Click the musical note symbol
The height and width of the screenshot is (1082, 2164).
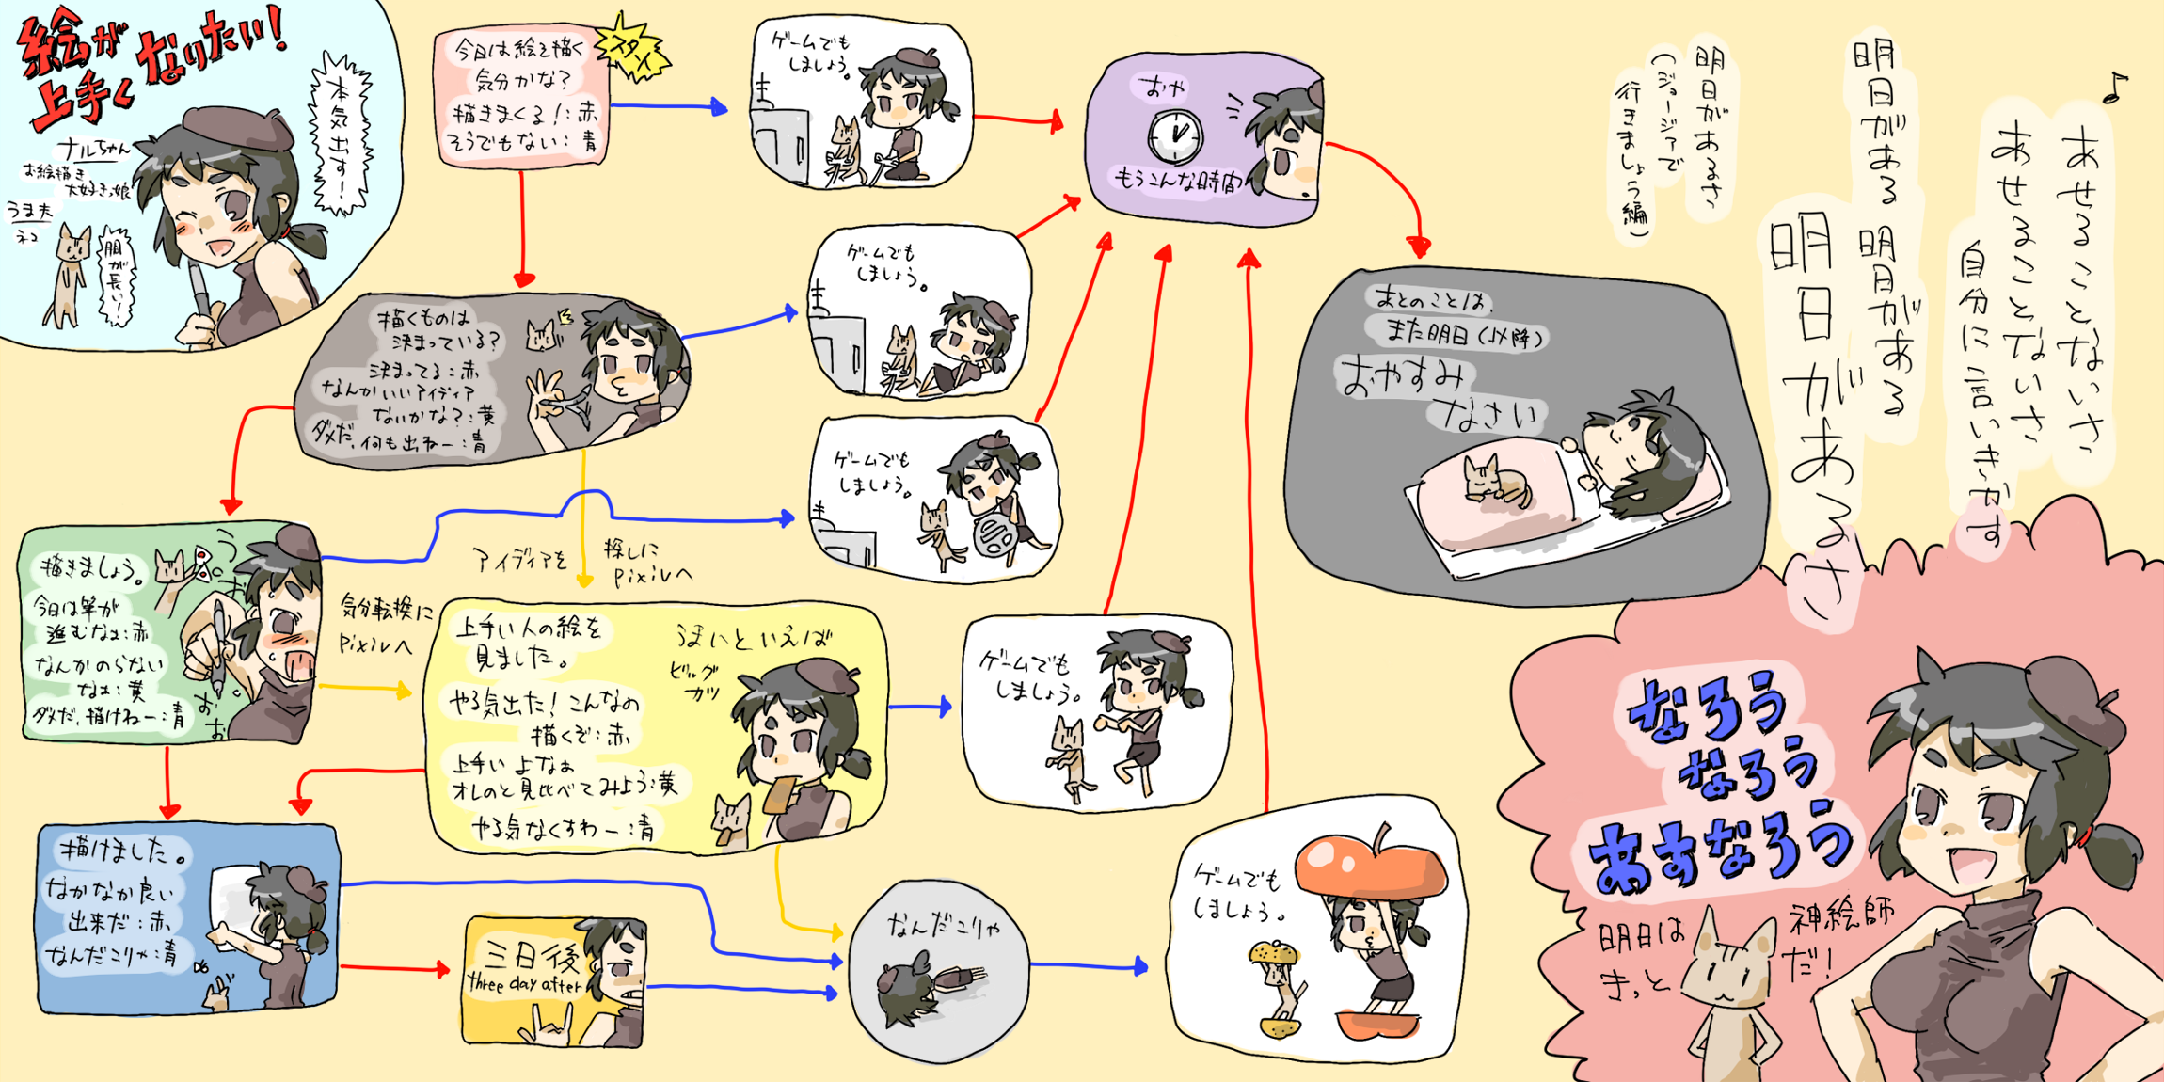[2114, 88]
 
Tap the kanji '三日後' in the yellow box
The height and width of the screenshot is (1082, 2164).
[532, 956]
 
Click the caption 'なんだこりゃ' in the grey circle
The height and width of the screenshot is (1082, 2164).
[944, 927]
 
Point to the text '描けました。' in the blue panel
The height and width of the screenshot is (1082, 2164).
[124, 851]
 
